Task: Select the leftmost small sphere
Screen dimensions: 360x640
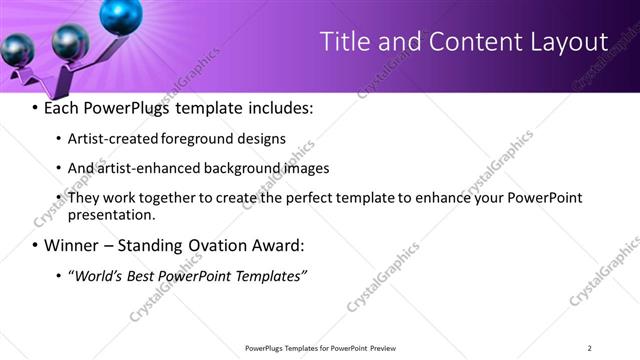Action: click(19, 48)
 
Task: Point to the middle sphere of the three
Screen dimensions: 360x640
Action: click(70, 41)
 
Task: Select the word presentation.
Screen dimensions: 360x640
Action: click(112, 214)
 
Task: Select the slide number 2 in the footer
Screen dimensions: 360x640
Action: click(590, 348)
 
